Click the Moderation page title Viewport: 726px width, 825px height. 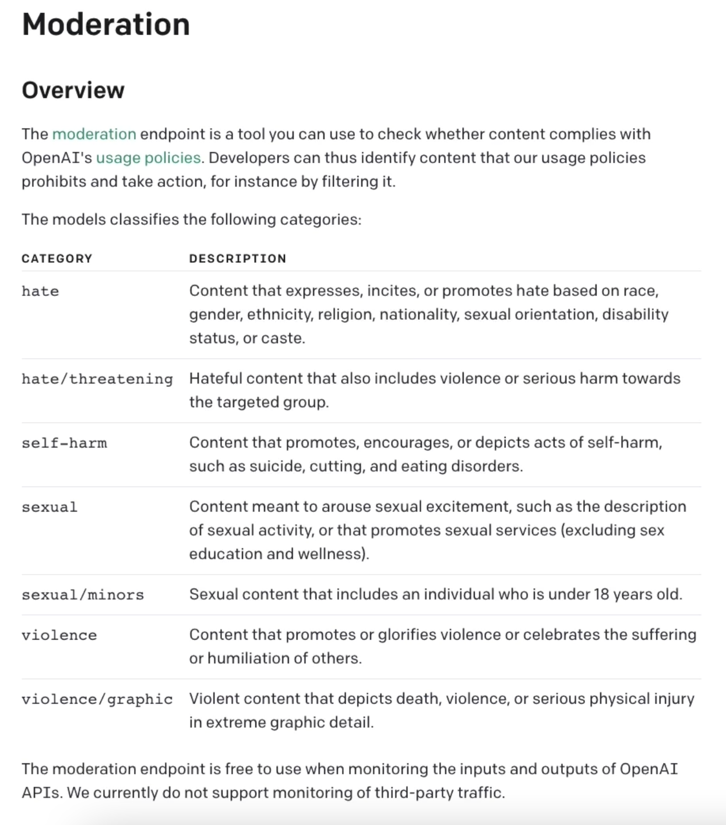coord(105,24)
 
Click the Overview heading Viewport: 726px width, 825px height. coord(73,90)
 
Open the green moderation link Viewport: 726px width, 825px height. coord(94,134)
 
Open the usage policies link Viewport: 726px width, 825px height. coord(148,158)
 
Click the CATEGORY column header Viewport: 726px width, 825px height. coord(57,259)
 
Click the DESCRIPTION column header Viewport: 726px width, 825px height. coord(237,259)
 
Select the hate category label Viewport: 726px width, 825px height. coord(40,291)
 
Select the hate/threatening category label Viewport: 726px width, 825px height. coord(97,379)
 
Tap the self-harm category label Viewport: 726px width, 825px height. coord(64,443)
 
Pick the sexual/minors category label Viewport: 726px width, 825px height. coord(82,595)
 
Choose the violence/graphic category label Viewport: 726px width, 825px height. coord(97,699)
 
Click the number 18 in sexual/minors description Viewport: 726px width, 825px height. coord(601,594)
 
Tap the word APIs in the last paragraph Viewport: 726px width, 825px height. coord(41,793)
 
